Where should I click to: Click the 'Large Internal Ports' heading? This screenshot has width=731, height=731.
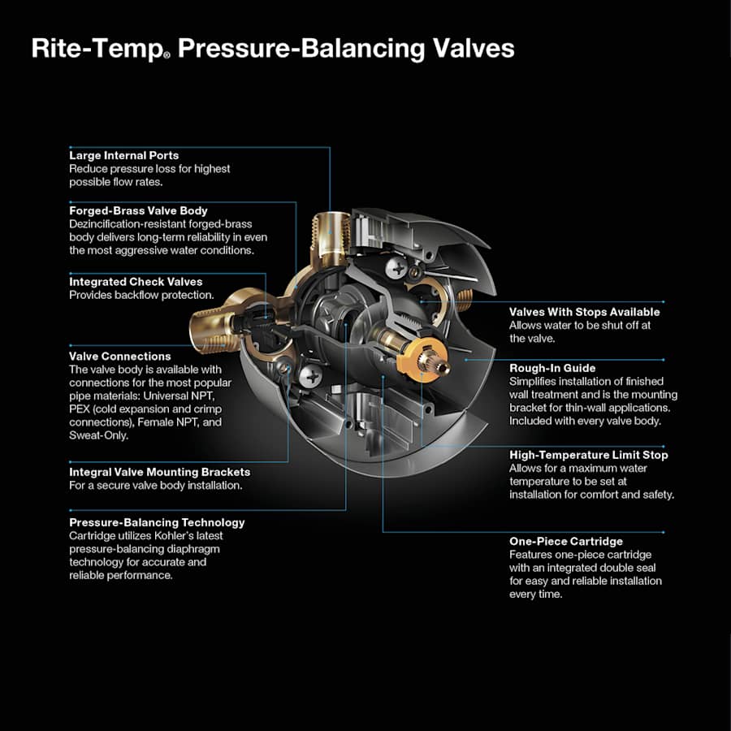(x=123, y=155)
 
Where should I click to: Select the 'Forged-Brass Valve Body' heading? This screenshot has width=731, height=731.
(x=138, y=211)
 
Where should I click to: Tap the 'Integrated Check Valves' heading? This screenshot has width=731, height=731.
(x=136, y=282)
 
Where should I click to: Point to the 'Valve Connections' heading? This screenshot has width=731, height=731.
(x=119, y=356)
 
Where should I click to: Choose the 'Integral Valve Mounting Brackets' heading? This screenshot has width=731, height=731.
(x=159, y=472)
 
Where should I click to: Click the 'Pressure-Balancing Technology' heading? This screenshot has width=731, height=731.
(x=157, y=522)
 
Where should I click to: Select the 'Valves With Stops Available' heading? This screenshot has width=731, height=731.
(x=584, y=312)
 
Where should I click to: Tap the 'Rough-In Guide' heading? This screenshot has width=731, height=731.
(x=552, y=368)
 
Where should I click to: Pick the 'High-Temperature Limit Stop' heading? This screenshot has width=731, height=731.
(x=588, y=455)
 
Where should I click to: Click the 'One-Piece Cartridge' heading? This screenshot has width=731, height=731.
(x=566, y=541)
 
